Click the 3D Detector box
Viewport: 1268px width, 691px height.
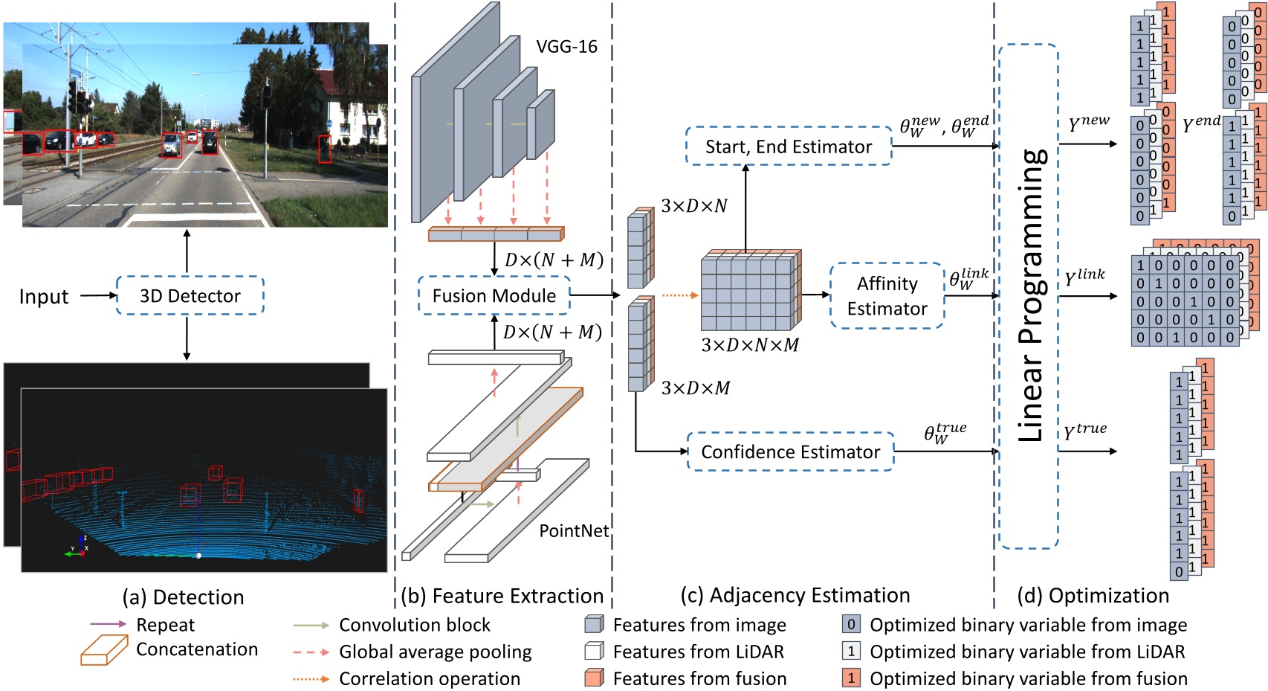coord(190,296)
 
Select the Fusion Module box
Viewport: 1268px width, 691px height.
coord(494,296)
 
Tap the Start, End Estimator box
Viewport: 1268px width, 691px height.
coord(788,147)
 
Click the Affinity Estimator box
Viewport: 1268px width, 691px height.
coord(887,296)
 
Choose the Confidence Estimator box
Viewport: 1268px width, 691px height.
coord(790,452)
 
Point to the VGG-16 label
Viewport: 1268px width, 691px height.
coord(566,47)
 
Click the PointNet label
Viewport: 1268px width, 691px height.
coord(574,531)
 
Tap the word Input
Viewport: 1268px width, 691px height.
coord(44,297)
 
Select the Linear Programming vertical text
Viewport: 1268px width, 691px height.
coord(1032,296)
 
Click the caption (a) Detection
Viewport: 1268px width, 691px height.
coord(183,597)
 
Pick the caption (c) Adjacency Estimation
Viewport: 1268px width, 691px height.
coord(795,596)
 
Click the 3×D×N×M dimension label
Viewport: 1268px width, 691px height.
coord(749,346)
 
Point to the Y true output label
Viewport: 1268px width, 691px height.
coord(1085,431)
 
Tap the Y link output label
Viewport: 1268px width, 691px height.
coord(1084,277)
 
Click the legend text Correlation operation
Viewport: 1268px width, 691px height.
coord(430,679)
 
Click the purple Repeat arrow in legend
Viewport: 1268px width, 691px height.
coord(109,624)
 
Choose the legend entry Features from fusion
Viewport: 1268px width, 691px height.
coord(699,679)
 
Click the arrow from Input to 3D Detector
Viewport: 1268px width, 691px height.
coord(98,296)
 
